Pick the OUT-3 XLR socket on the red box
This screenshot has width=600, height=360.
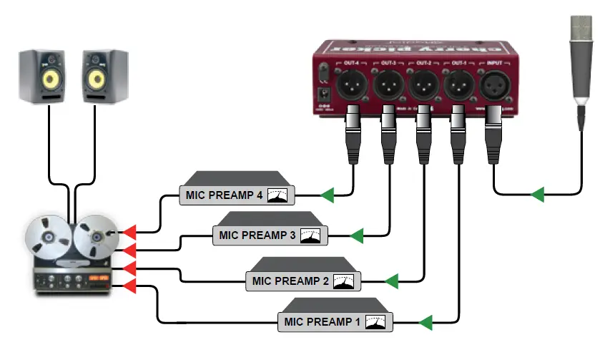(388, 87)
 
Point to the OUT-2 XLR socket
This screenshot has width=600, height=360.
(422, 87)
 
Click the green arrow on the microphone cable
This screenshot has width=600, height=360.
(537, 194)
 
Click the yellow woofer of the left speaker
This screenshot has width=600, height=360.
(48, 80)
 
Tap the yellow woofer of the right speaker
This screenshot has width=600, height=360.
(97, 80)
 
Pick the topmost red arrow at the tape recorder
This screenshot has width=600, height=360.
(129, 233)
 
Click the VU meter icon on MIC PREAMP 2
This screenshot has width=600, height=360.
(344, 281)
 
